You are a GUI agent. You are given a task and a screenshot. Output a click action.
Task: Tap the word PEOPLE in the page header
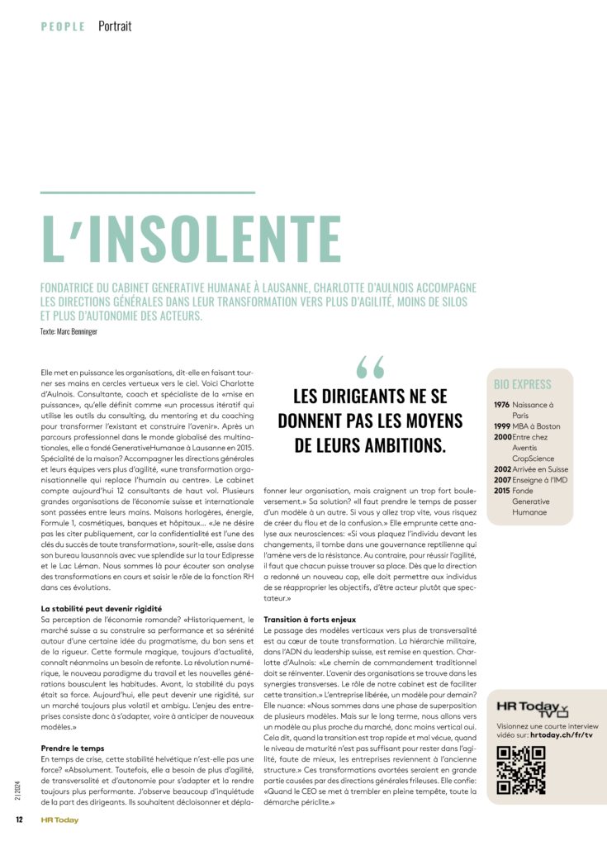click(63, 26)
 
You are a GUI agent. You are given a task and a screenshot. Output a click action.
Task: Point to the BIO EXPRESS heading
click(523, 384)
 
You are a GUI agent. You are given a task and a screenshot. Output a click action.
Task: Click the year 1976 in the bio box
click(502, 405)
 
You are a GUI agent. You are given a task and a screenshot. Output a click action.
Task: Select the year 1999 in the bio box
click(502, 426)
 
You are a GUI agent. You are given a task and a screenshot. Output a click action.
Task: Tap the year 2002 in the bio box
click(502, 469)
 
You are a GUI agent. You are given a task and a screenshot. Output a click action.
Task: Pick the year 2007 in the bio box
click(502, 480)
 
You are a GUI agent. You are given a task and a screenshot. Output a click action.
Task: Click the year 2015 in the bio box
click(502, 491)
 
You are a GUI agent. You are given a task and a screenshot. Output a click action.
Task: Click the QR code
click(521, 770)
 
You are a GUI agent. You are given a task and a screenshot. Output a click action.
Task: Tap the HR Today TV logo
click(533, 709)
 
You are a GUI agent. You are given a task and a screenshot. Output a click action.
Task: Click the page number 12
click(17, 820)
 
